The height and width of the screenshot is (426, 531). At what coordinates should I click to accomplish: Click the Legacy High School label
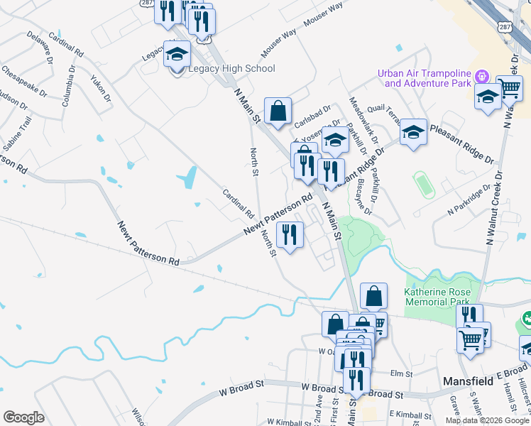click(x=231, y=69)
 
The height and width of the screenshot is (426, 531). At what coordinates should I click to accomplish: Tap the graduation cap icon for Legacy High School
click(x=177, y=53)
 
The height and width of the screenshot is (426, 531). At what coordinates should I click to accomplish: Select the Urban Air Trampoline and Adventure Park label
click(x=425, y=78)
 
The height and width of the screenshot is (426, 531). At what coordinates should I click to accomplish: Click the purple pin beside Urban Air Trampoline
click(x=481, y=75)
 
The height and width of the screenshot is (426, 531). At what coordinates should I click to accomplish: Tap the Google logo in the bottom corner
click(x=23, y=417)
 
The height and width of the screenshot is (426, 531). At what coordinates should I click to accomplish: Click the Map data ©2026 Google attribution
click(x=486, y=420)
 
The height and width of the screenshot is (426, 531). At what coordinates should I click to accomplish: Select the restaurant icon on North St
click(x=290, y=235)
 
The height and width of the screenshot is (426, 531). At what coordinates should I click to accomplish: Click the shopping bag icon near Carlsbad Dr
click(x=278, y=111)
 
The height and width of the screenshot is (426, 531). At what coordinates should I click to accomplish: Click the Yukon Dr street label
click(x=101, y=88)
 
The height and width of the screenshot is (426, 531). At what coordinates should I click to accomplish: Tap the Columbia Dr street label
click(x=68, y=86)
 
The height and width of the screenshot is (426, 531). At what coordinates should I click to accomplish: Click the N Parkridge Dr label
click(x=469, y=200)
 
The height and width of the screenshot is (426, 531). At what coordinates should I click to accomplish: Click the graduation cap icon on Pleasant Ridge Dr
click(x=413, y=132)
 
